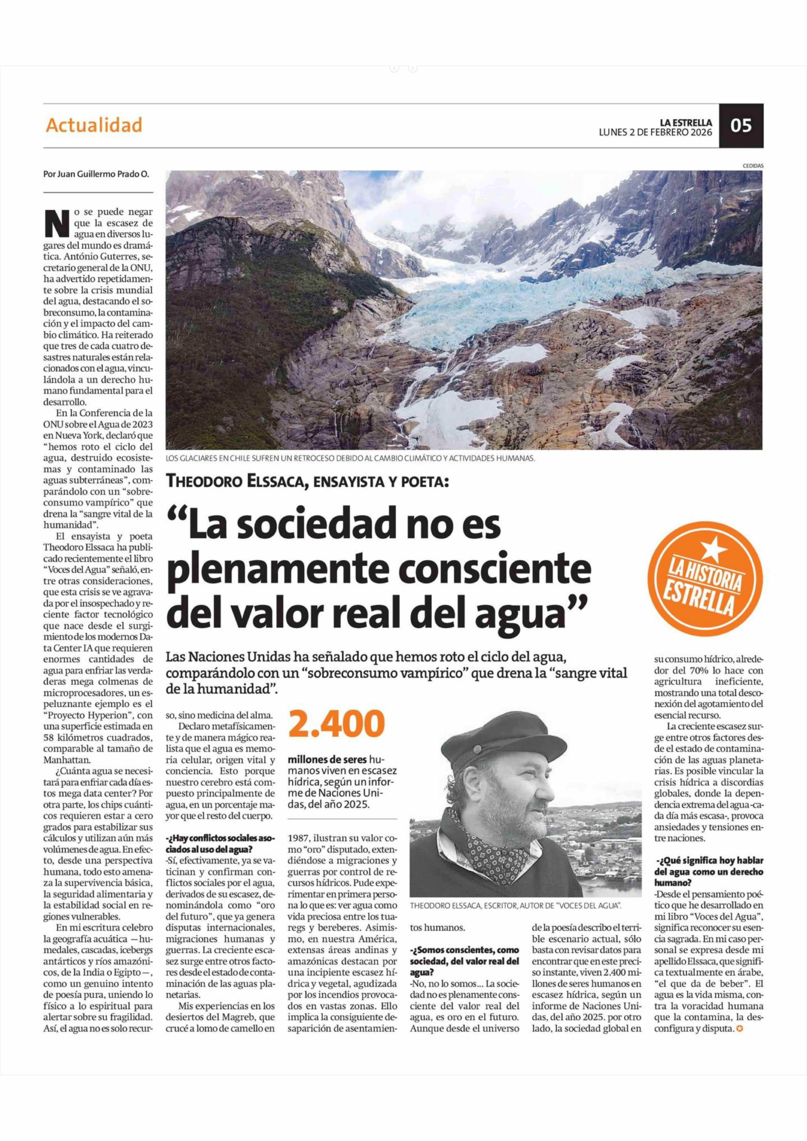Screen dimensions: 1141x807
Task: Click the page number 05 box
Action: click(741, 126)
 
